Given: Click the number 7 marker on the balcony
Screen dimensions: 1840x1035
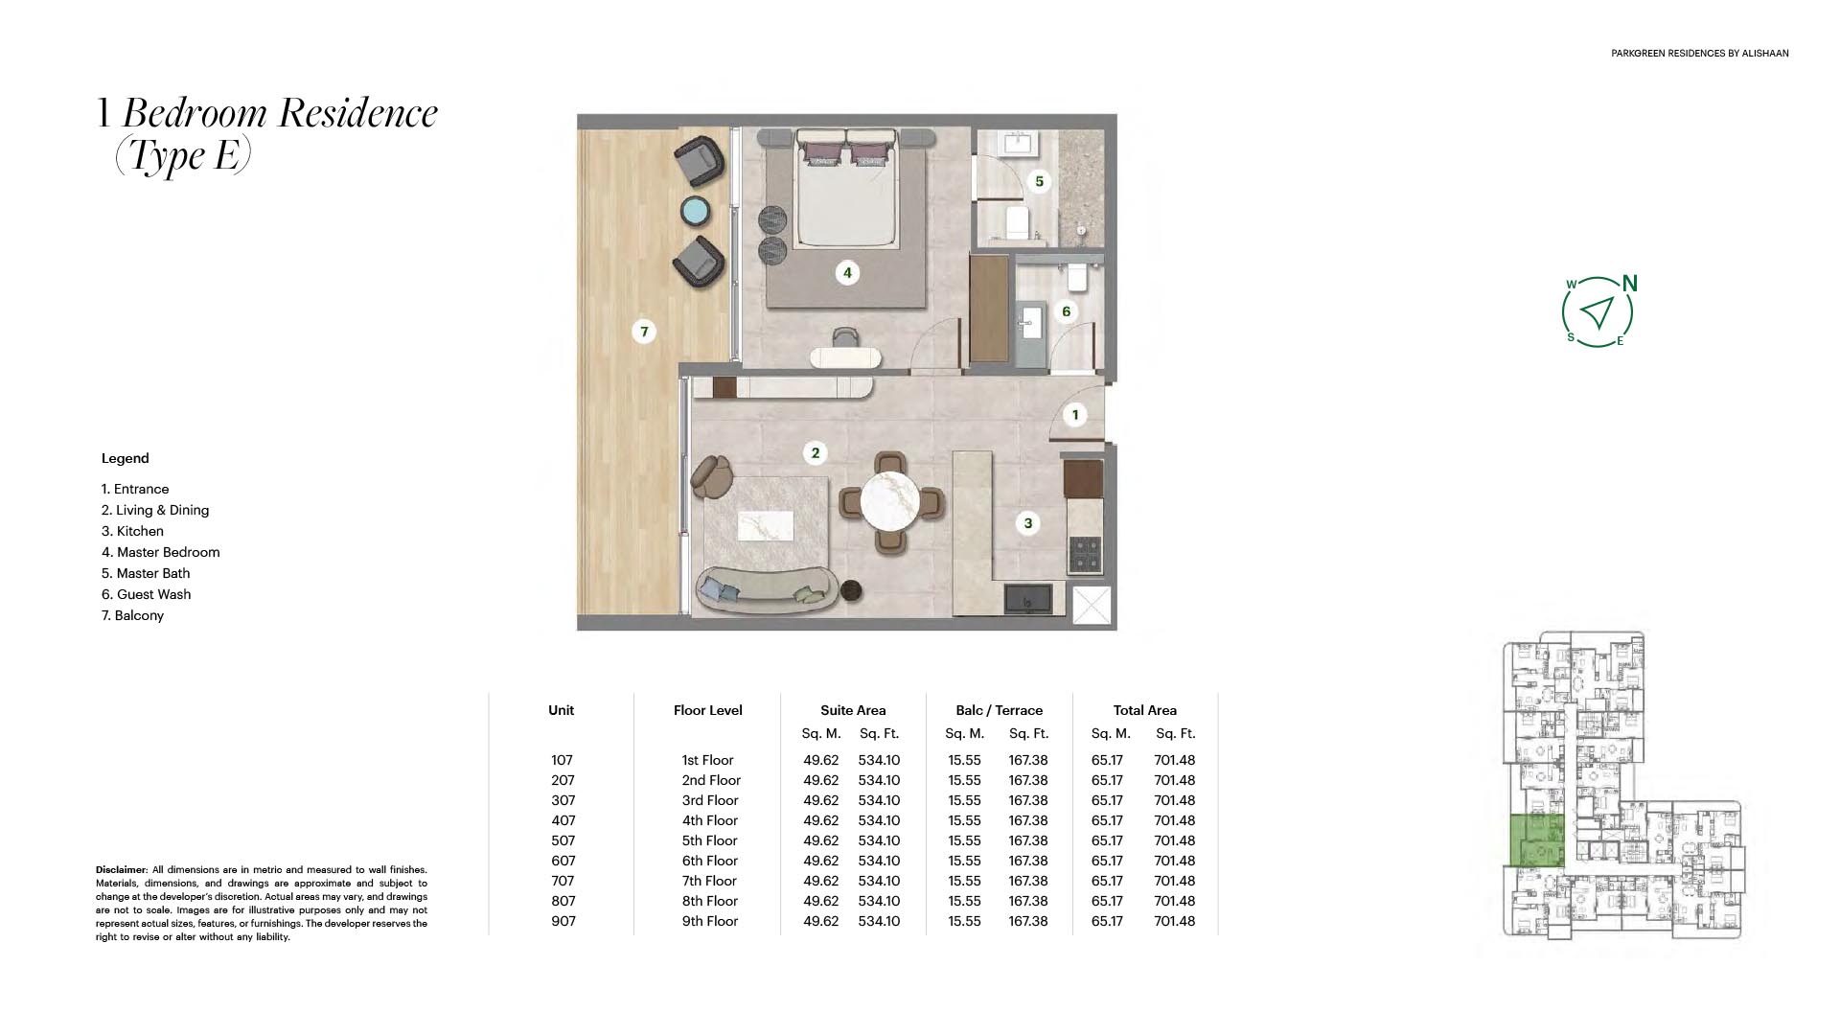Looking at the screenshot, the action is pyautogui.click(x=644, y=332).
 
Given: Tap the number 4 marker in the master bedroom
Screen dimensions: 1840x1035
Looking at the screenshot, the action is pyautogui.click(x=846, y=273).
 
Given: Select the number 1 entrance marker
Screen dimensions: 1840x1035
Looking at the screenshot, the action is pyautogui.click(x=1075, y=415).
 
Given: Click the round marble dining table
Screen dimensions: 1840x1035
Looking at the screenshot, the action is pyautogui.click(x=890, y=501).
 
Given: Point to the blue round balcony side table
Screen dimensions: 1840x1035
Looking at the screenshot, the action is pyautogui.click(x=695, y=211).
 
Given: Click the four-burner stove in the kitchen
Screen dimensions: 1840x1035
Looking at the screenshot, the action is pyautogui.click(x=1085, y=553).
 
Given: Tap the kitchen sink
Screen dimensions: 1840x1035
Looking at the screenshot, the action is pyautogui.click(x=1027, y=599).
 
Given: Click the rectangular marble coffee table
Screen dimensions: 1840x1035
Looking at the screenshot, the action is pyautogui.click(x=766, y=526).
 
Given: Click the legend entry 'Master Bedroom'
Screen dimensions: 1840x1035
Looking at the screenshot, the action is pyautogui.click(x=160, y=552).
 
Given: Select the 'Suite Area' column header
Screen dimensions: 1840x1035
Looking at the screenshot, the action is pyautogui.click(x=853, y=710).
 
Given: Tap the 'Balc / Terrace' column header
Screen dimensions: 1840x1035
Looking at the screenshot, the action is pyautogui.click(x=999, y=710).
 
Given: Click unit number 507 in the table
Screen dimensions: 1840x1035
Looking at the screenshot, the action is pyautogui.click(x=563, y=840).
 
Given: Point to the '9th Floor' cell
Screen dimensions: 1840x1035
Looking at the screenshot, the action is pyautogui.click(x=710, y=921).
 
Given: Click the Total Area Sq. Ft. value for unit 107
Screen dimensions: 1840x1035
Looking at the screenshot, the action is pyautogui.click(x=1175, y=760).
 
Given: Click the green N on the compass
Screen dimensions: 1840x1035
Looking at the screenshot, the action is pyautogui.click(x=1630, y=284).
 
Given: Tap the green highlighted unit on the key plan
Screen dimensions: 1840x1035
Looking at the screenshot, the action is pyautogui.click(x=1537, y=840).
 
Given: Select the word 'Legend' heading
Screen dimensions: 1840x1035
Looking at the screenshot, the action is pyautogui.click(x=126, y=458).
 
